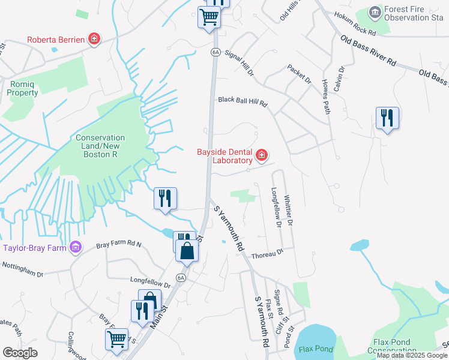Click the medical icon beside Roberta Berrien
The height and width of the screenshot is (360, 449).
94,40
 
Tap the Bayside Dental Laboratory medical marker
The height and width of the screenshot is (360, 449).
262,156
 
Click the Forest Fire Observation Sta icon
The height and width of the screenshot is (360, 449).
375,13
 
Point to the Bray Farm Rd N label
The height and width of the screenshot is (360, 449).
118,245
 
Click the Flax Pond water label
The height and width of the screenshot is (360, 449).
315,349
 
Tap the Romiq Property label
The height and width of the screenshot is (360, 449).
23,89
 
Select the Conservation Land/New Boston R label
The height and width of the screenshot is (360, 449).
100,146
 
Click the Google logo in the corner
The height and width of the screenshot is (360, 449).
20,353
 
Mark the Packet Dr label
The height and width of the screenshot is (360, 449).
300,74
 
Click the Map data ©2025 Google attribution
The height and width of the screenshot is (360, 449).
412,355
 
